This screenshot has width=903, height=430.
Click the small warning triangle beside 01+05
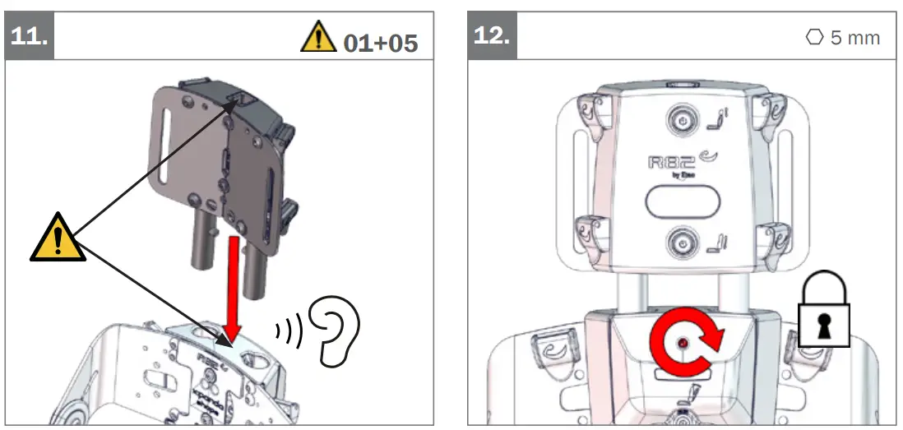pyautogui.click(x=319, y=38)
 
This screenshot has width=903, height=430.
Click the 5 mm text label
pyautogui.click(x=854, y=38)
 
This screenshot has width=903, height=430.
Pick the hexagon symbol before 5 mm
pyautogui.click(x=814, y=38)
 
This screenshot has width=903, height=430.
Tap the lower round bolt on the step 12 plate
pyautogui.click(x=680, y=243)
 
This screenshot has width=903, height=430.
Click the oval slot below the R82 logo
pyautogui.click(x=682, y=201)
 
